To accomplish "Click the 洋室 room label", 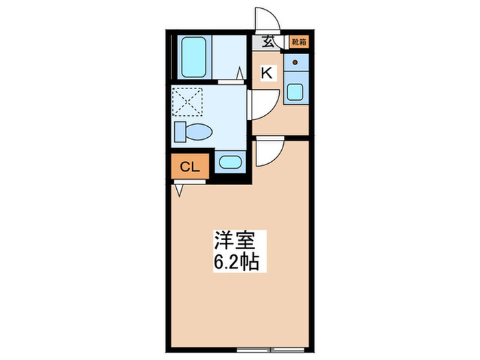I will pos(235,242).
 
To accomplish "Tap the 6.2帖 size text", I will pos(235,262).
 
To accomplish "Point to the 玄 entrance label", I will pos(268,41).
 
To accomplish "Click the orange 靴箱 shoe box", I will pos(298,41).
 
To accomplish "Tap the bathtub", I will pos(195,58).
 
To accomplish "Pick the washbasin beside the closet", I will pos(228,163).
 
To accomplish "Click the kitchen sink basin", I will pos(296,92).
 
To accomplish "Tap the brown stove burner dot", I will pos(296,62).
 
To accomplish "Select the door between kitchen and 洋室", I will pos(268,152).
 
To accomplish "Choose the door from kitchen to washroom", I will pos(263,104).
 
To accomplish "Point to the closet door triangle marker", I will pos(180,189).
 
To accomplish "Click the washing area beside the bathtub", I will pos(228,58).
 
